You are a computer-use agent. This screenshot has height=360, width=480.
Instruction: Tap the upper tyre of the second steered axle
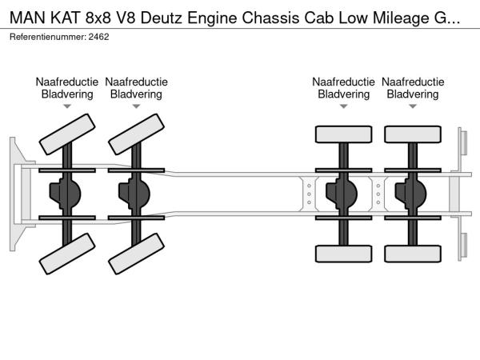(136, 134)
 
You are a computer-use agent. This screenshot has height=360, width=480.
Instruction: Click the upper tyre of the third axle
(343, 134)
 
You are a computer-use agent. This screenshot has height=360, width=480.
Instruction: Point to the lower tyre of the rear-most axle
(413, 254)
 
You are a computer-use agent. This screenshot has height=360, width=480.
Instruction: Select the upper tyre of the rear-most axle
(413, 134)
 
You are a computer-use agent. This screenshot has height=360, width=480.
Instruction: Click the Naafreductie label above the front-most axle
(67, 82)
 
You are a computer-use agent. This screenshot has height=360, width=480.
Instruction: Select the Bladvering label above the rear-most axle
(413, 94)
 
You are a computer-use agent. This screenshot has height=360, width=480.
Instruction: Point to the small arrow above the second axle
(137, 106)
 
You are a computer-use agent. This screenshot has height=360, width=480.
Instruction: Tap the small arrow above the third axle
(344, 106)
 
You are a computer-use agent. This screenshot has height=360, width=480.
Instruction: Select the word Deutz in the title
(213, 14)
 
